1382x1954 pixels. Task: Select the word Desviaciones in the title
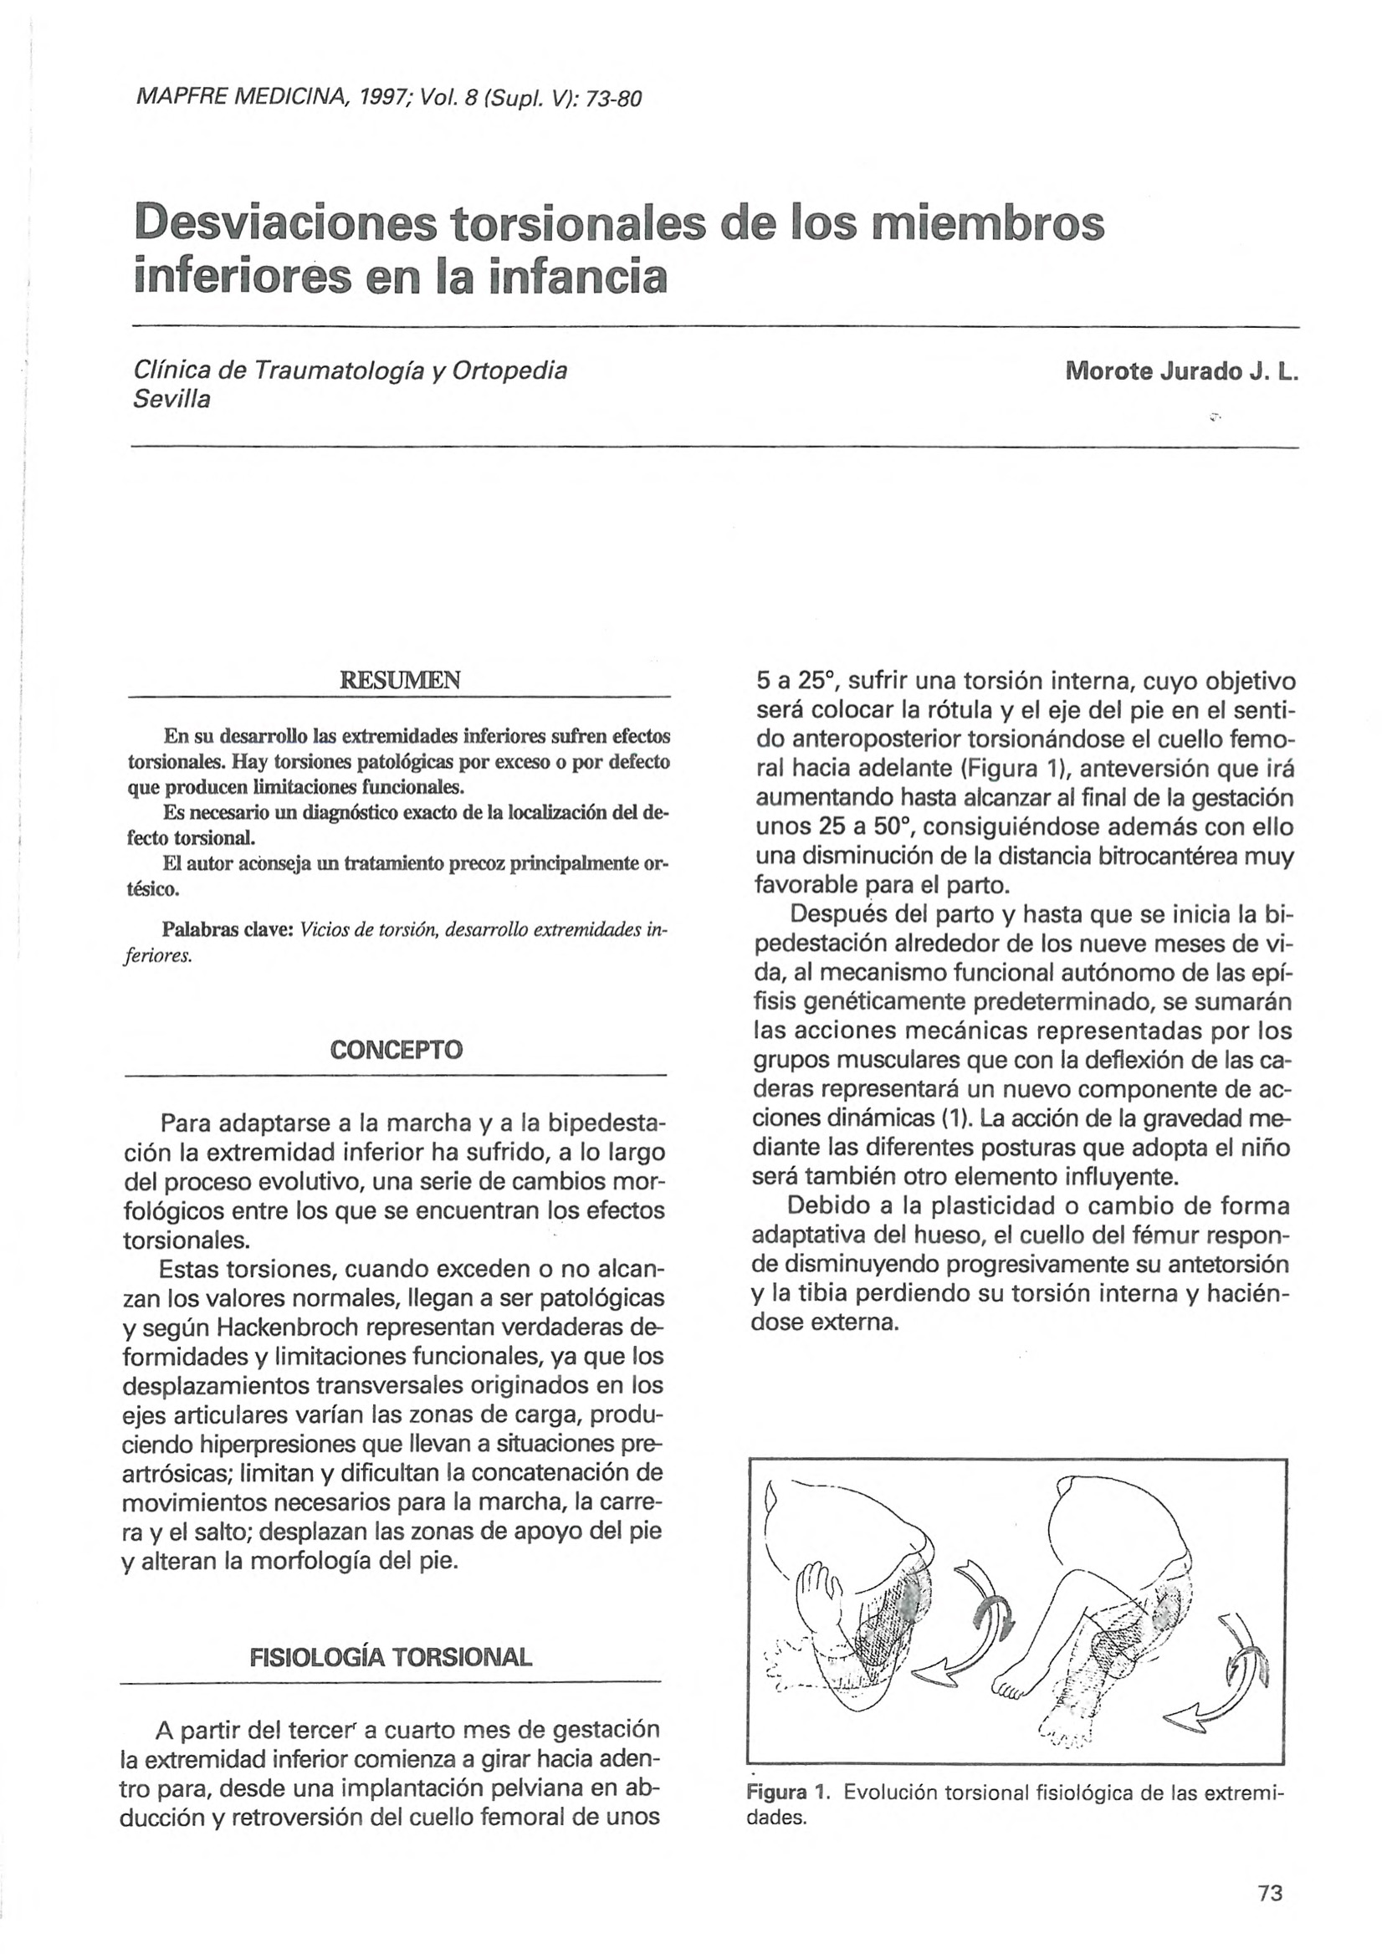[285, 223]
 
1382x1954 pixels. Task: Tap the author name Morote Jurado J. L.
[1182, 372]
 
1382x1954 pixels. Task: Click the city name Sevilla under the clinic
[171, 399]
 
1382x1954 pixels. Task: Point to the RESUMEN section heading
[399, 680]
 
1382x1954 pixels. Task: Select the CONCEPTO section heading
[397, 1049]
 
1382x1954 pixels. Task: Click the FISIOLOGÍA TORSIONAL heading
[391, 1657]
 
